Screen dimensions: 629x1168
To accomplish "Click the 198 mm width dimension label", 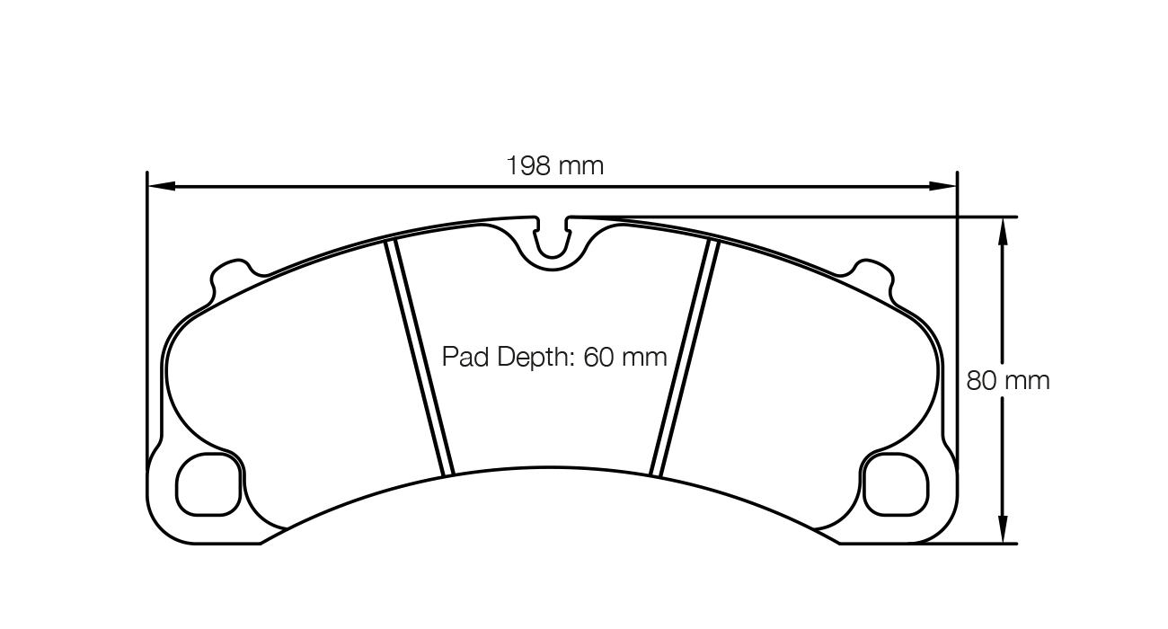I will click(554, 166).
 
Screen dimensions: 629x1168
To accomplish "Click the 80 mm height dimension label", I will click(1008, 380).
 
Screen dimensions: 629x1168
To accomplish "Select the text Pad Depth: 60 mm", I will click(554, 358).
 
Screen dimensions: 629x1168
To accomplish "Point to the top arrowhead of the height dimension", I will click(1003, 230).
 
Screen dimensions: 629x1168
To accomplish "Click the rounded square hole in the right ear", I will click(895, 484).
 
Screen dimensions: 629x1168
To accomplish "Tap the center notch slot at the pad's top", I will click(553, 240).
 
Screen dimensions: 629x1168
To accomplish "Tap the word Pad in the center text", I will click(462, 358).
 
